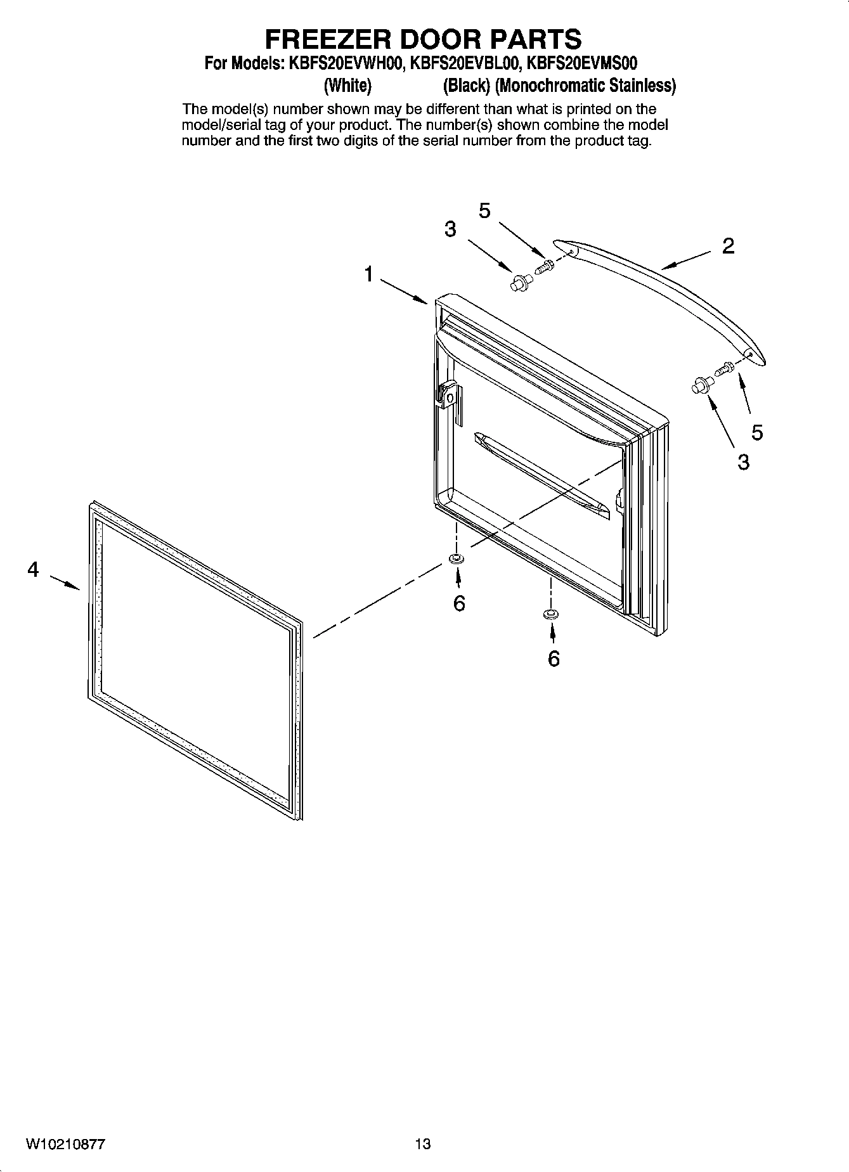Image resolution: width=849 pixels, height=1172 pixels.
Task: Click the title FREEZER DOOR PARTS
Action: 423,39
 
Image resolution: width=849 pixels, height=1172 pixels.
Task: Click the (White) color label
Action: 347,85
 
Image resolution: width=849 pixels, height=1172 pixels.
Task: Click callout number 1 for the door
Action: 368,274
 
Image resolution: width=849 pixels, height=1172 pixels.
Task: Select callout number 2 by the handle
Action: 728,246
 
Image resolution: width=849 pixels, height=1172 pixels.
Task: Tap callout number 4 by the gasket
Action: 33,570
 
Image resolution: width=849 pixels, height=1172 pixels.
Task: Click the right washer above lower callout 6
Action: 550,614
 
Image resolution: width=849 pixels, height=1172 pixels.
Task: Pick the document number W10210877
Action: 66,1144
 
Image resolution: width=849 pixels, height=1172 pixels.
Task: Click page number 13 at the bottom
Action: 423,1144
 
